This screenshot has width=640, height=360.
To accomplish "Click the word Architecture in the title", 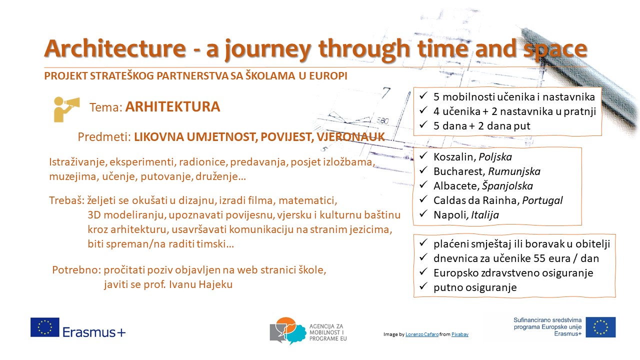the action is click(x=115, y=48).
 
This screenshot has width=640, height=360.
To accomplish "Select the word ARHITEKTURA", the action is click(x=172, y=107).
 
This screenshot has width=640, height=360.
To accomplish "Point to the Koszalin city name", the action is click(x=453, y=157).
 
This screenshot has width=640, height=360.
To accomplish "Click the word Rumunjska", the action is click(x=514, y=171).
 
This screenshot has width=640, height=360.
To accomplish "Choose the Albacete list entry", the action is click(x=483, y=186).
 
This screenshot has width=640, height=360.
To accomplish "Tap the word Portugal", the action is click(x=542, y=200).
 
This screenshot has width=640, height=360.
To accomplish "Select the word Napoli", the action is click(x=449, y=215).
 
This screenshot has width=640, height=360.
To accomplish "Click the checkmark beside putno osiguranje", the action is click(x=423, y=286).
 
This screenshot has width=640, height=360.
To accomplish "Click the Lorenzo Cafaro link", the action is click(x=422, y=334).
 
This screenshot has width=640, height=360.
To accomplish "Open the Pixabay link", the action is click(x=459, y=334).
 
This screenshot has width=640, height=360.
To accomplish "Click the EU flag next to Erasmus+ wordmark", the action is click(x=45, y=327).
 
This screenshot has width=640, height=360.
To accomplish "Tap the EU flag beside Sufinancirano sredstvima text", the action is click(x=600, y=327).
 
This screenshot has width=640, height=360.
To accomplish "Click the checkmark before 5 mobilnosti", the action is click(x=423, y=95).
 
